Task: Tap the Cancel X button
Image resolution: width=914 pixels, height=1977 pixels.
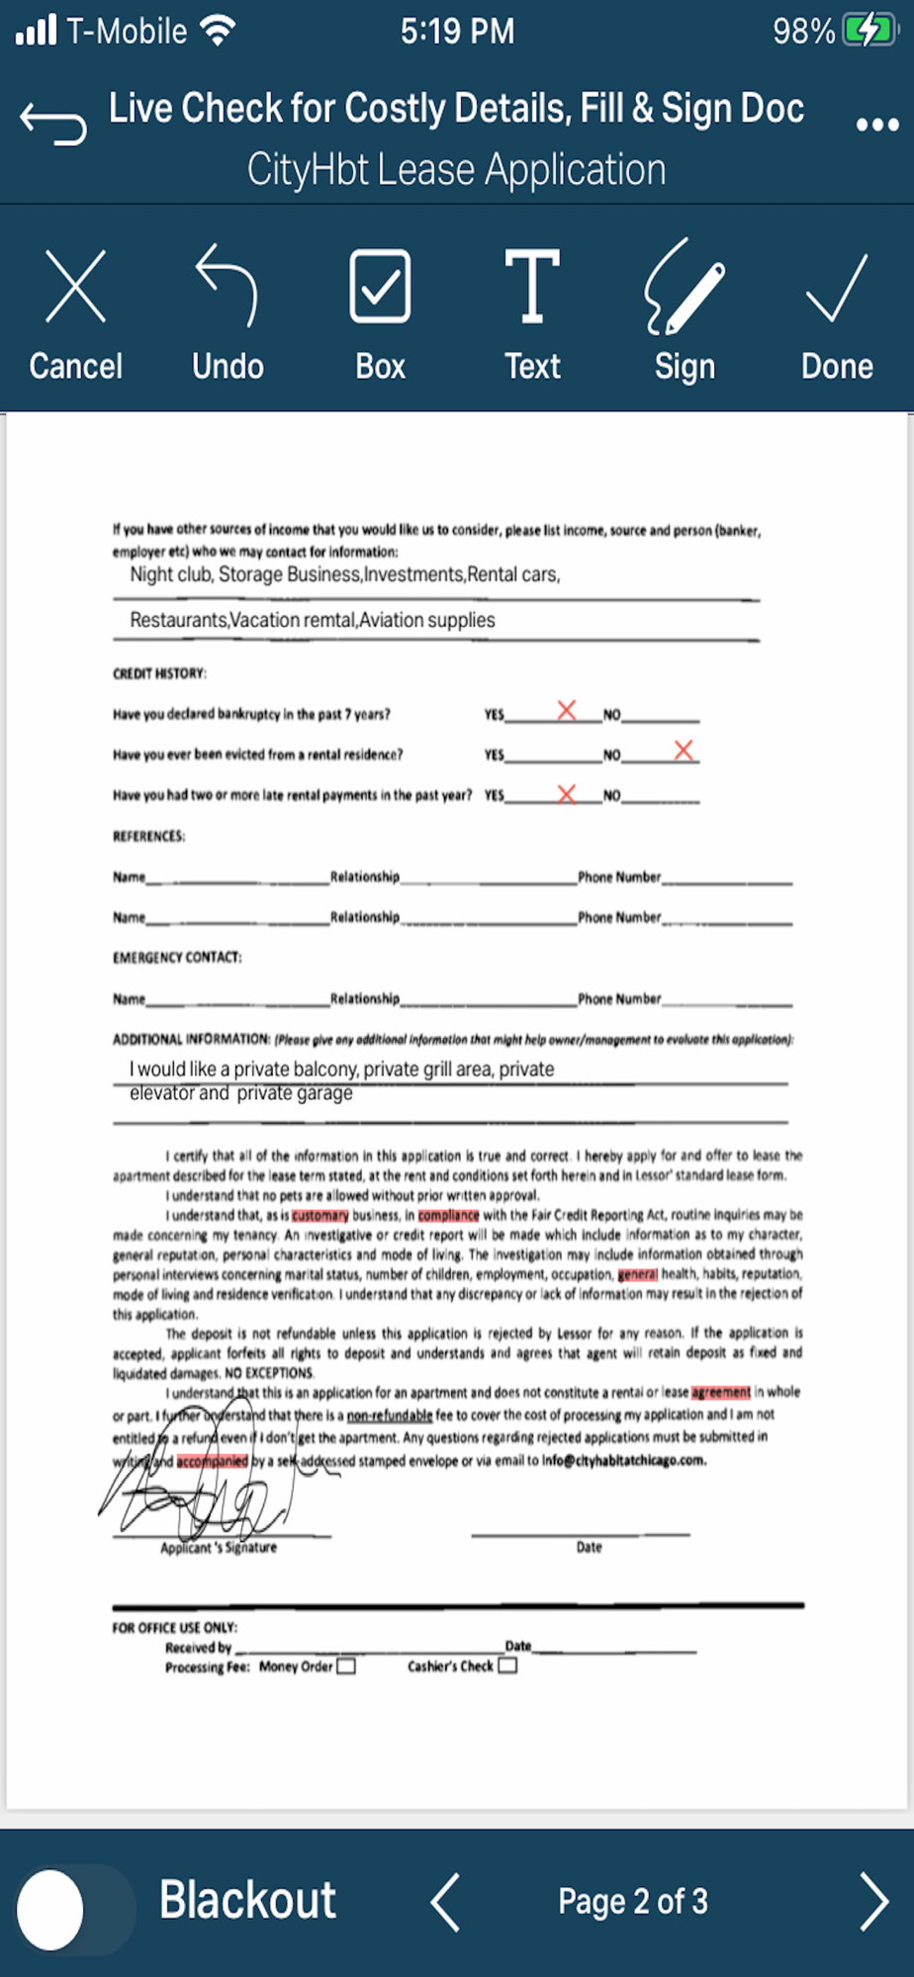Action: [x=75, y=288]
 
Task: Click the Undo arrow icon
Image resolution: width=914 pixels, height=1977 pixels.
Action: [x=228, y=287]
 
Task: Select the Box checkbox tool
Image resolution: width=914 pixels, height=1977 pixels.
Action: [x=380, y=287]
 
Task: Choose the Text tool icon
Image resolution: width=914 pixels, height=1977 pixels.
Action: [x=532, y=287]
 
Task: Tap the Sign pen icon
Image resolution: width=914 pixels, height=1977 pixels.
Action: [x=685, y=287]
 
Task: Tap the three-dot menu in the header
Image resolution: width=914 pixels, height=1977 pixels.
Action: [x=877, y=125]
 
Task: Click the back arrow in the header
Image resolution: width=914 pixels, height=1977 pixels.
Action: [x=53, y=123]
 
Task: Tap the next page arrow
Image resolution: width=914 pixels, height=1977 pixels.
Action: [x=873, y=1901]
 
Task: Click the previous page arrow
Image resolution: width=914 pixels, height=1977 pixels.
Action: [x=445, y=1901]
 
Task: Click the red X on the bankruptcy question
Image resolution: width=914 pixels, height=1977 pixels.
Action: [x=566, y=710]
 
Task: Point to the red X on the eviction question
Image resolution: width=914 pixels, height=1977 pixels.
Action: [x=684, y=750]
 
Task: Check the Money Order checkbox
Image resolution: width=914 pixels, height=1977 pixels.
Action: [x=346, y=1667]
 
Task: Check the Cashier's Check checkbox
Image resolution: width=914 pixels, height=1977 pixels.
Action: [x=507, y=1666]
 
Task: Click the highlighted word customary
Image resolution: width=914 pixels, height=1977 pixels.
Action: [x=320, y=1215]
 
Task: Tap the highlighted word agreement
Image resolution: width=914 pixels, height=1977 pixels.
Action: [x=720, y=1393]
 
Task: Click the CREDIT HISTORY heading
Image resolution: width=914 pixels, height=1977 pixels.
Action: [x=159, y=674]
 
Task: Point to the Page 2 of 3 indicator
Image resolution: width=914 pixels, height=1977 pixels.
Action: [x=633, y=1901]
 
